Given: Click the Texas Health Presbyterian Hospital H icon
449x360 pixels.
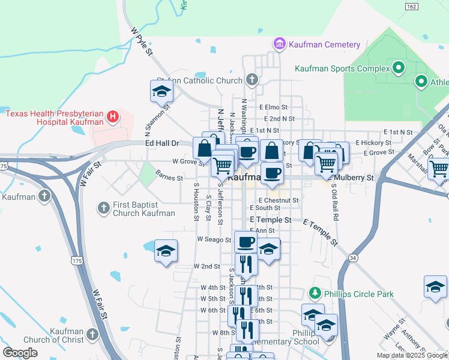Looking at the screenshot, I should pyautogui.click(x=112, y=116).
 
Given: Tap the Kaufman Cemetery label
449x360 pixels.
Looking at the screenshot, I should pyautogui.click(x=324, y=44).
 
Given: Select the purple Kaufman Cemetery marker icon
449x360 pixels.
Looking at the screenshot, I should pyautogui.click(x=279, y=44).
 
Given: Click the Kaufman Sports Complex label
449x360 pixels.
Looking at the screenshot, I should pyautogui.click(x=338, y=68).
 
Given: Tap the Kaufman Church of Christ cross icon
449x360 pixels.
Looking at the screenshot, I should pyautogui.click(x=92, y=334).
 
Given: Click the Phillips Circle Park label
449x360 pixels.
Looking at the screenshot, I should pyautogui.click(x=359, y=294).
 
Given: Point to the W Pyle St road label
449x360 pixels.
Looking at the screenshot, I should pyautogui.click(x=142, y=41).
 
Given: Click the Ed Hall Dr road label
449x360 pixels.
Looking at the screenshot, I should pyautogui.click(x=162, y=143).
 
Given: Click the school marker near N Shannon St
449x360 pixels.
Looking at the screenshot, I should pyautogui.click(x=161, y=91).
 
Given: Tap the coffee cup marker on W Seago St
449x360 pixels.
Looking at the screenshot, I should pyautogui.click(x=246, y=242).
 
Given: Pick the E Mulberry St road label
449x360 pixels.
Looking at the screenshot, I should pyautogui.click(x=351, y=178).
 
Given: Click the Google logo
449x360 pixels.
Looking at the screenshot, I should pyautogui.click(x=20, y=353).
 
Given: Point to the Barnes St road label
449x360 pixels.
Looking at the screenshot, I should pyautogui.click(x=169, y=178).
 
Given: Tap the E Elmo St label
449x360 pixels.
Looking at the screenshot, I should pyautogui.click(x=274, y=107).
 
